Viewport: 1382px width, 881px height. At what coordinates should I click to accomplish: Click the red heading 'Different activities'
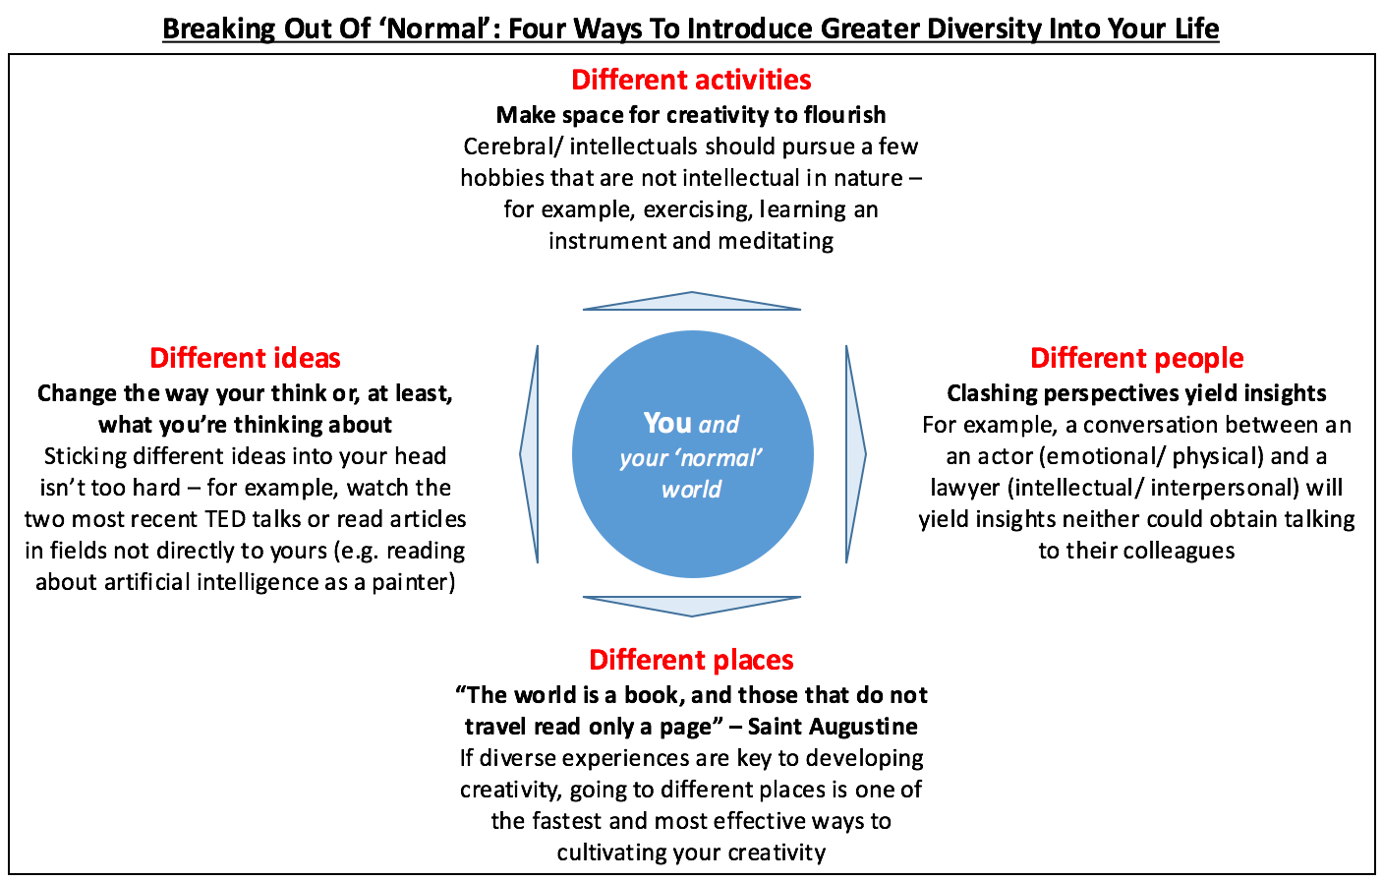pyautogui.click(x=691, y=80)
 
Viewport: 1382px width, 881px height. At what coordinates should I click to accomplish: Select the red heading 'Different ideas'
pyautogui.click(x=245, y=358)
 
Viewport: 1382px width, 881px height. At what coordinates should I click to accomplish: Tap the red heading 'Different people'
pyautogui.click(x=1136, y=358)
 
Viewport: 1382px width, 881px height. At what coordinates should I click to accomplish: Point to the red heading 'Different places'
pyautogui.click(x=691, y=660)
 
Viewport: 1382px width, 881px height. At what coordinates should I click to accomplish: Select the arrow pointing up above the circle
pyautogui.click(x=692, y=301)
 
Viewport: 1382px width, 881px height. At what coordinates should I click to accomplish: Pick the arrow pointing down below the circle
pyautogui.click(x=692, y=606)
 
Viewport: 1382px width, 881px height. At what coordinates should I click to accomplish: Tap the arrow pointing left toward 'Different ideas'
pyautogui.click(x=530, y=454)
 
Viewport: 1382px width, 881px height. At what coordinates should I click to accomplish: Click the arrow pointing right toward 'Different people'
pyautogui.click(x=855, y=454)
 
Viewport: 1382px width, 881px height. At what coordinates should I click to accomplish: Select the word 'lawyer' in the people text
pyautogui.click(x=965, y=488)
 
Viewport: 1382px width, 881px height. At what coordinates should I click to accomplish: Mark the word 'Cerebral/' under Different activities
pyautogui.click(x=512, y=147)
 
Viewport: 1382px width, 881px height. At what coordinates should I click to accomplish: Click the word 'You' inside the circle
pyautogui.click(x=667, y=423)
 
